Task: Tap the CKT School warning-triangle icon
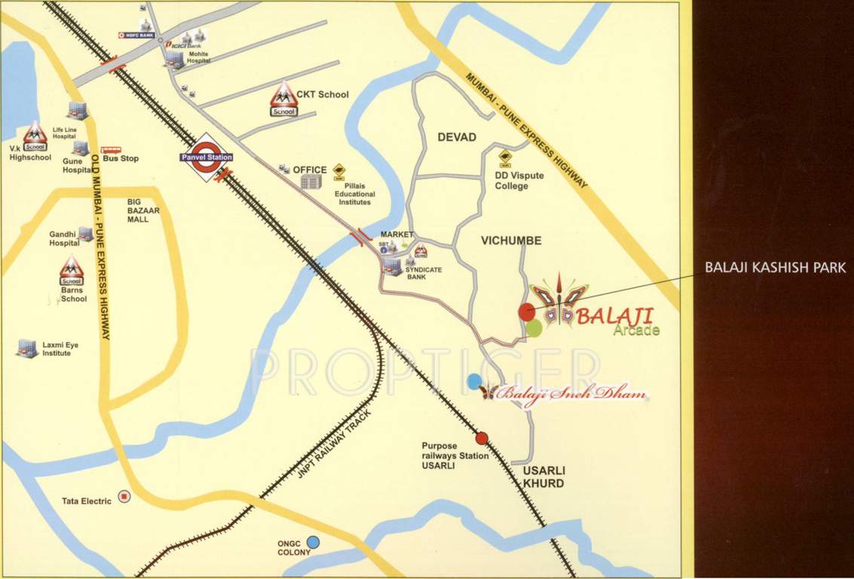(284, 98)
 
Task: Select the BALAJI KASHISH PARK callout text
(775, 268)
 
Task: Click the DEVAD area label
(457, 137)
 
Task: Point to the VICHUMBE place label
(511, 240)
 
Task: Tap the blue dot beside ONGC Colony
(313, 541)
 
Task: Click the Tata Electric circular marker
(125, 496)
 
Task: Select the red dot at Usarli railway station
(482, 438)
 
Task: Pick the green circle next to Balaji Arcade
(534, 327)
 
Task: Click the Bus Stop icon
(110, 150)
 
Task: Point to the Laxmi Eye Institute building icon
(27, 347)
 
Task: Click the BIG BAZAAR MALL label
(143, 210)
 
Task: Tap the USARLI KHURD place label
(543, 476)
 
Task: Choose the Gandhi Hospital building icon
(86, 234)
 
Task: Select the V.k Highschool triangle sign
(35, 137)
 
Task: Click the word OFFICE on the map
(310, 170)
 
